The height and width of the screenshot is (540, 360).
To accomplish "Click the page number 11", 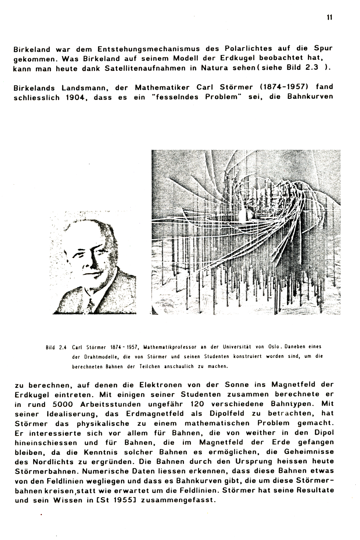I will tap(329, 17).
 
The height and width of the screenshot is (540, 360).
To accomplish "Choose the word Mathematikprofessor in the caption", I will tap(169, 348).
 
